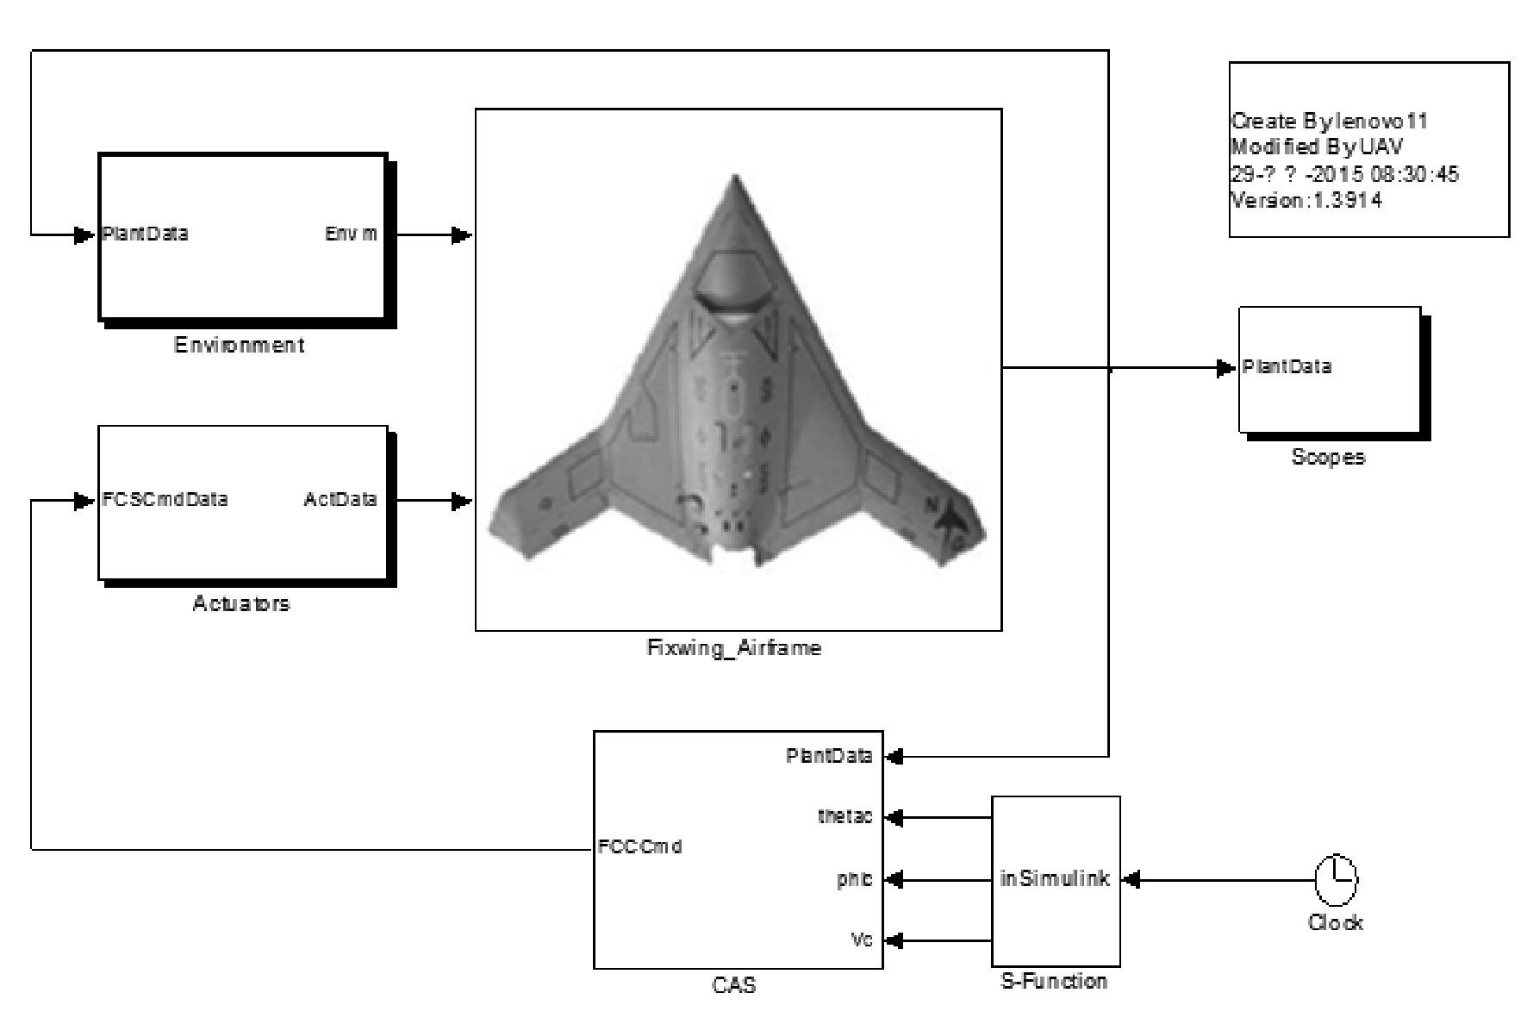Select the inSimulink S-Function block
(x=1056, y=880)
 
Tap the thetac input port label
(x=845, y=816)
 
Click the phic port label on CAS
(x=854, y=880)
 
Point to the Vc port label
(x=862, y=940)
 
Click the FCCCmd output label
(x=639, y=846)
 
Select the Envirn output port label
(x=351, y=234)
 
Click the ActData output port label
(x=340, y=500)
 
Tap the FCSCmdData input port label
(x=165, y=500)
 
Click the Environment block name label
(x=239, y=346)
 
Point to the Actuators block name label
(x=241, y=603)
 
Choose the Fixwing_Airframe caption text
(x=734, y=648)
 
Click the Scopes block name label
(x=1328, y=457)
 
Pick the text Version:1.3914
(x=1306, y=201)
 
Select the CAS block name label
(x=734, y=984)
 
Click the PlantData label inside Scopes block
(x=1287, y=367)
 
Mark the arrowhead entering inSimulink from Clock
(x=1131, y=880)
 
